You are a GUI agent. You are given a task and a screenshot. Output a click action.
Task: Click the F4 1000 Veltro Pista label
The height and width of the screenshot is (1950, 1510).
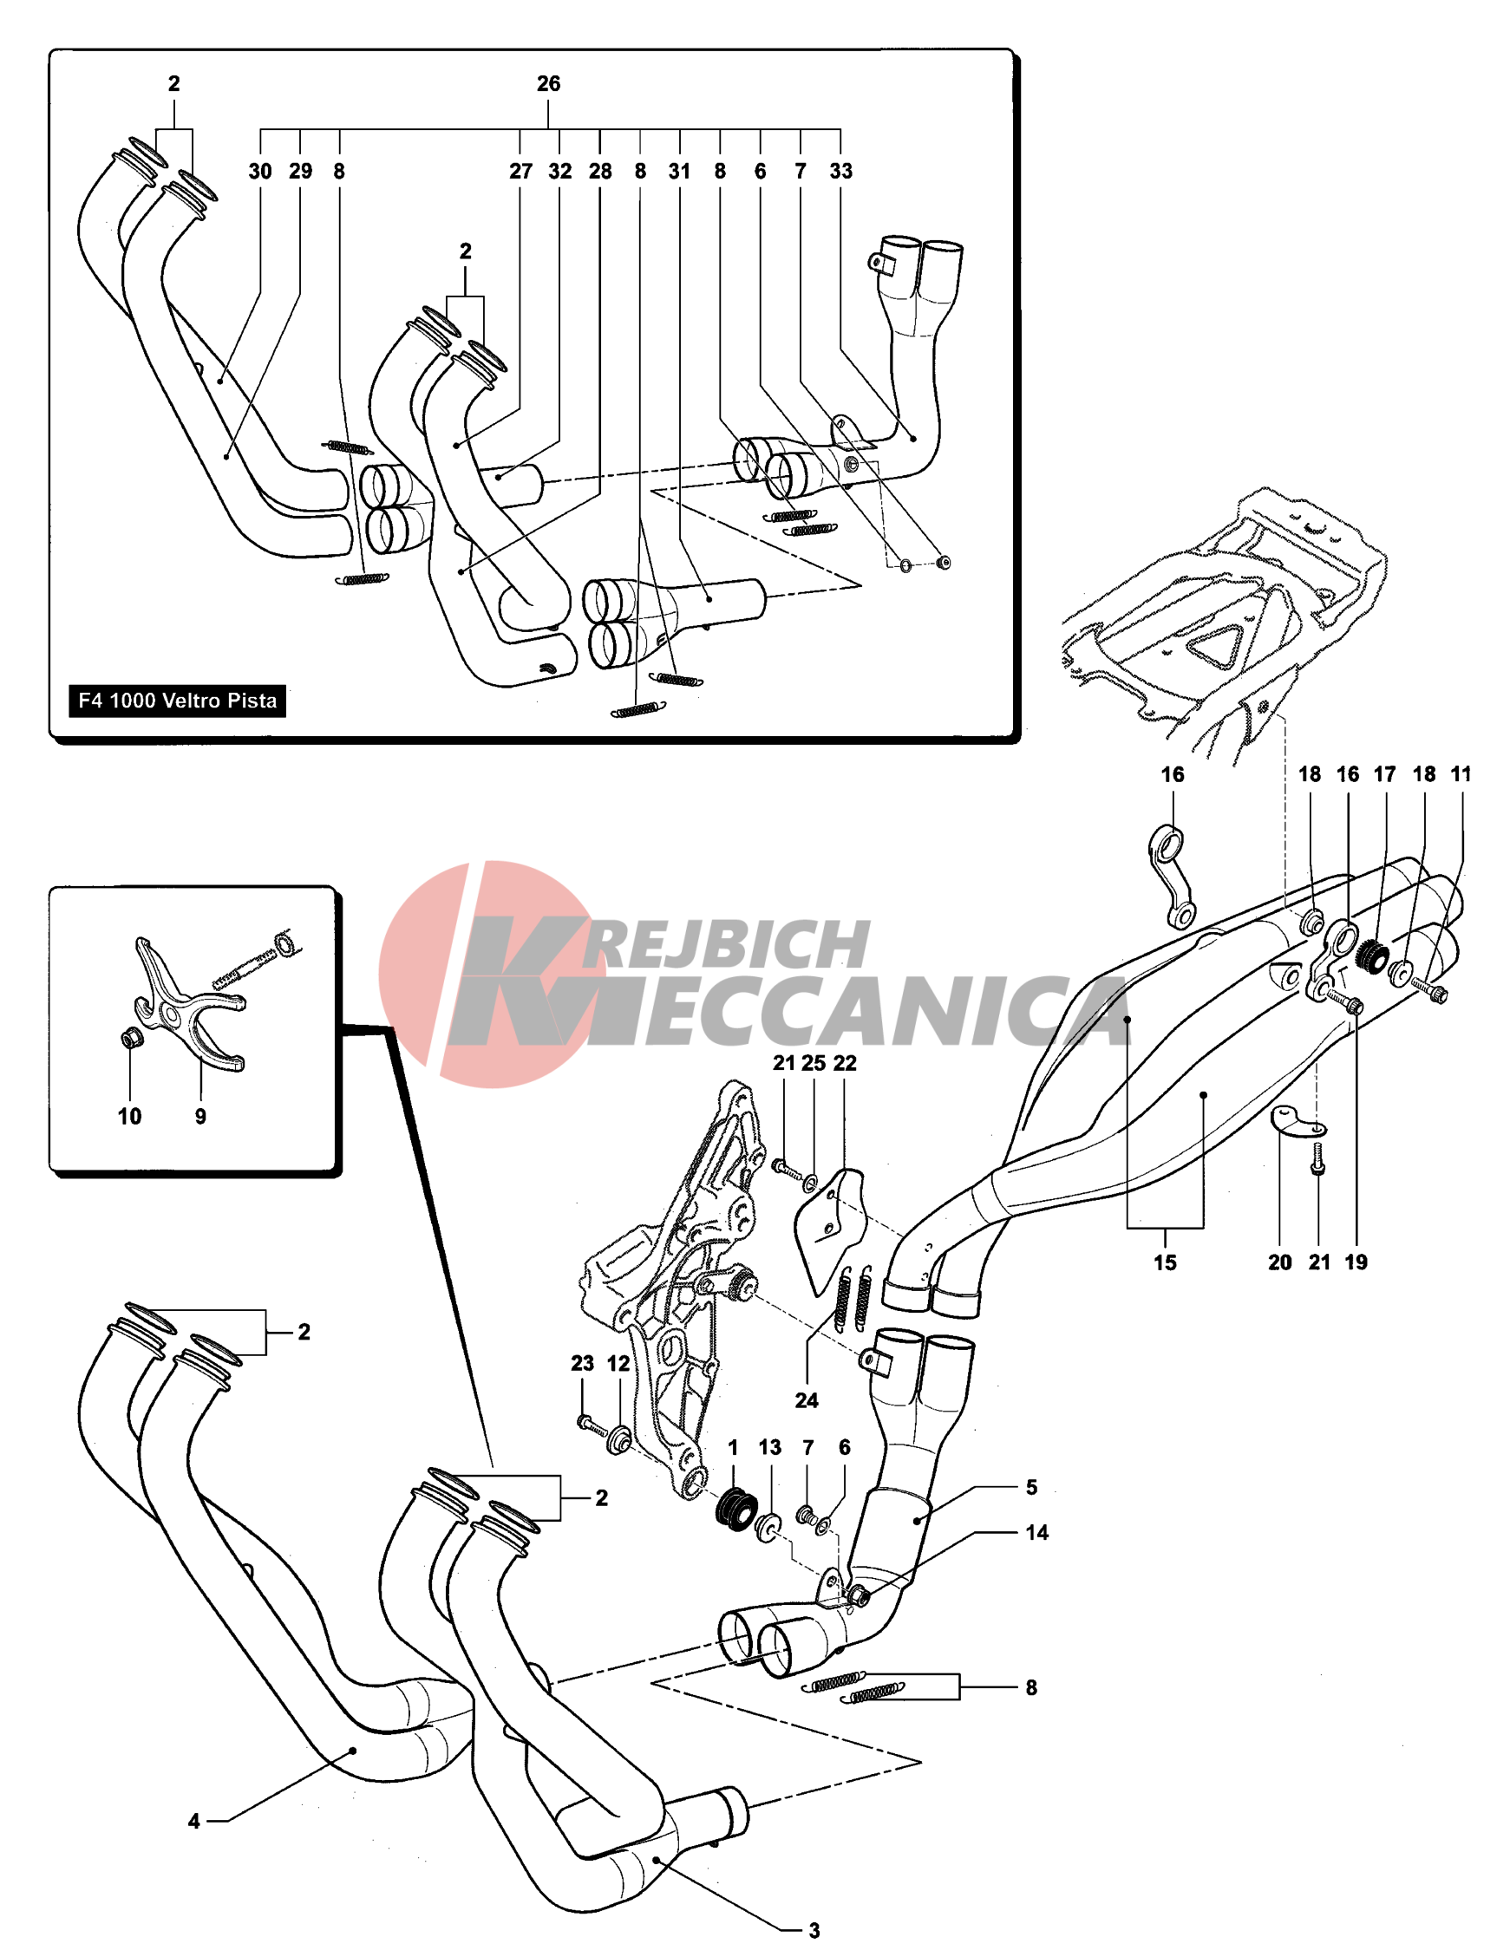(x=177, y=701)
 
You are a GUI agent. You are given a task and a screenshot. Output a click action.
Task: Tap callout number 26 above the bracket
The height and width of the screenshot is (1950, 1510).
(x=548, y=84)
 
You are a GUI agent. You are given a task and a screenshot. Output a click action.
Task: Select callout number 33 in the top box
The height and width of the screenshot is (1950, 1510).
(x=840, y=172)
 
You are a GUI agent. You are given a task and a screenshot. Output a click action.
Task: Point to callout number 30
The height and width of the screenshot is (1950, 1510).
(x=260, y=172)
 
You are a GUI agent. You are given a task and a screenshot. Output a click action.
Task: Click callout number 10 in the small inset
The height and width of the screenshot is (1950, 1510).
(x=129, y=1116)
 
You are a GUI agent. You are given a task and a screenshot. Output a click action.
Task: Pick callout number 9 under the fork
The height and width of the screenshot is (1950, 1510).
(x=200, y=1116)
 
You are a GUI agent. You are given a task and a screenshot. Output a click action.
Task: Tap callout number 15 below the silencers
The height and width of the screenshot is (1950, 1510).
(x=1165, y=1262)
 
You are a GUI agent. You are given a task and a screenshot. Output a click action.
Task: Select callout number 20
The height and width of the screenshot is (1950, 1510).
(x=1279, y=1262)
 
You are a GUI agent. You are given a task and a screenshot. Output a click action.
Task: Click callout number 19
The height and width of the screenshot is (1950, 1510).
(x=1356, y=1262)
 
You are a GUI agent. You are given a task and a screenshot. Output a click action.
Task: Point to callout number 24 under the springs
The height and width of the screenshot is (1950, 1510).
(x=807, y=1401)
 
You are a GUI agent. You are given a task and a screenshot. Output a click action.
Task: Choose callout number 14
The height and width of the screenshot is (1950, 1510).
(x=1036, y=1533)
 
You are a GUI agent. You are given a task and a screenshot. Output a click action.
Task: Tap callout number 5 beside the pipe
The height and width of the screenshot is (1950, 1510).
(x=1031, y=1488)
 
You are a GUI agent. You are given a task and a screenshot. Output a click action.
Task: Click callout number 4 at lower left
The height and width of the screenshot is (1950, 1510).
(x=193, y=1822)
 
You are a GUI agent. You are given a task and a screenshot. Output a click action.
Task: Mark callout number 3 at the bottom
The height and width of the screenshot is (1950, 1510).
(x=814, y=1930)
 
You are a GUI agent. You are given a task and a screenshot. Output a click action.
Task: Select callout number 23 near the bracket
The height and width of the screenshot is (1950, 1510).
(x=582, y=1363)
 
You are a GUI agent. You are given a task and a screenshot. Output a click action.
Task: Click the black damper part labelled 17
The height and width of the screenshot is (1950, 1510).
(x=1370, y=958)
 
